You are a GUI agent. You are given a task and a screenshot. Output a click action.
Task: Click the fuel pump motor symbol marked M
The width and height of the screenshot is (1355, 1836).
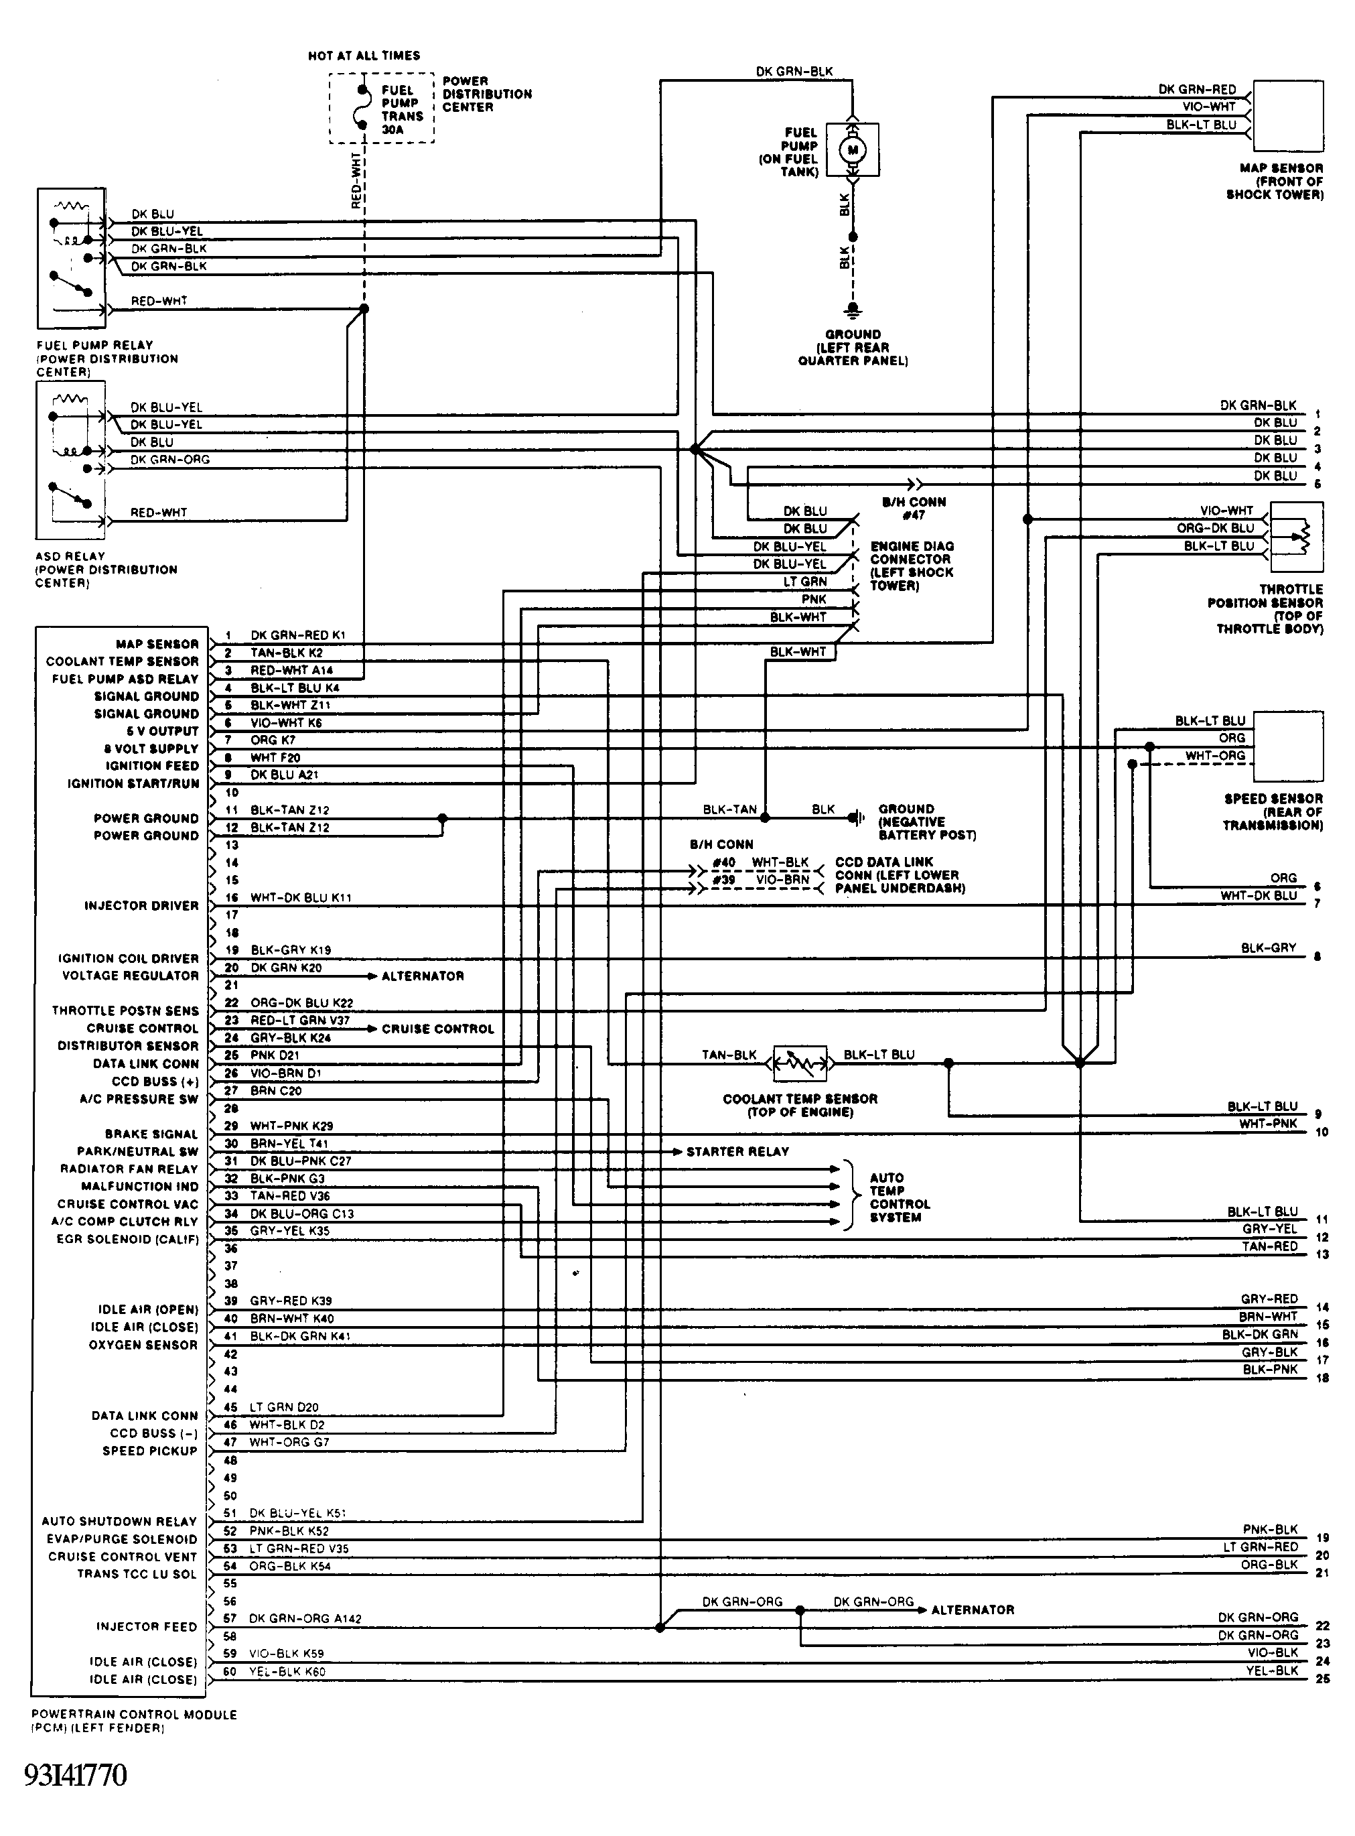[852, 149]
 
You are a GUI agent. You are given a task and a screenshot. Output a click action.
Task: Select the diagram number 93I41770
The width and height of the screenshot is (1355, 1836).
[76, 1774]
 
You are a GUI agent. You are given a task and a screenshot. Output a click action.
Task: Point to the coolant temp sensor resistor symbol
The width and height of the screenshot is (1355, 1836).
[800, 1063]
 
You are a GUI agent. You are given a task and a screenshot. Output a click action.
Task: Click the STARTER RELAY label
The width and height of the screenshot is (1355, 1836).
[737, 1151]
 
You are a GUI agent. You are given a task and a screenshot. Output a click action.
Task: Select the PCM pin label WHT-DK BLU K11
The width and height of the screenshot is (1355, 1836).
[300, 897]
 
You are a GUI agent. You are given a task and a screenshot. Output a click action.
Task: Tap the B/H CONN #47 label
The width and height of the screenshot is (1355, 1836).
[914, 508]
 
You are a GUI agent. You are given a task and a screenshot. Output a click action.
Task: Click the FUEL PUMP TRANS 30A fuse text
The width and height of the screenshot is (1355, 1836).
[402, 109]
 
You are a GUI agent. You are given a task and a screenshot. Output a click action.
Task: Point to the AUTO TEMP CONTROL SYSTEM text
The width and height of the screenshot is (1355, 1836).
[900, 1197]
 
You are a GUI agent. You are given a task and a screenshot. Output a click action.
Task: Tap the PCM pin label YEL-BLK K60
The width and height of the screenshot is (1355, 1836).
[287, 1671]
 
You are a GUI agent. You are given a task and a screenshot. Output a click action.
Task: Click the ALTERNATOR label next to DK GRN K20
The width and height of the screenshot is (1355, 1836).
[423, 976]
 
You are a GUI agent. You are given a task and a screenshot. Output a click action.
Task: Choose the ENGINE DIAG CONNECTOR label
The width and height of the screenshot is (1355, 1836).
[912, 566]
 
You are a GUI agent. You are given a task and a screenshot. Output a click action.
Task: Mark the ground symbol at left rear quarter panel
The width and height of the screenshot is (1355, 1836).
[853, 310]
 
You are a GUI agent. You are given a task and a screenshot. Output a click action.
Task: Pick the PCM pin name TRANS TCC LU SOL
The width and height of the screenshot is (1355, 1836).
[137, 1573]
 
